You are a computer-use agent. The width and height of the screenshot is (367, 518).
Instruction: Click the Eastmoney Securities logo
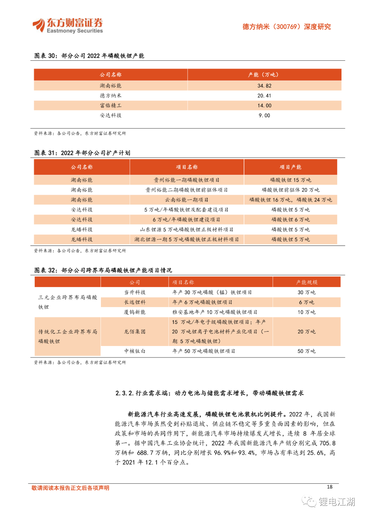68,26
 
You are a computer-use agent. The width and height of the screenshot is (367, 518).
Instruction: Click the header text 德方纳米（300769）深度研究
286,27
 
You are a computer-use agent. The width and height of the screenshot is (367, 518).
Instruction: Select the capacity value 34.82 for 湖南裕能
264,86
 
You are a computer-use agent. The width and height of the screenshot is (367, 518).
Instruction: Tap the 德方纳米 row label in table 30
110,96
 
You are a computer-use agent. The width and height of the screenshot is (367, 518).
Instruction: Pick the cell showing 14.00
264,105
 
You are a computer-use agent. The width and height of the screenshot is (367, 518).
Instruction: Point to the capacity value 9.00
264,115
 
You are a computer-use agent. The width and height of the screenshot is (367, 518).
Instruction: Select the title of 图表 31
82,153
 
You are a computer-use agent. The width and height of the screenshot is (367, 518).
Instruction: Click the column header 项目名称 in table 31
187,167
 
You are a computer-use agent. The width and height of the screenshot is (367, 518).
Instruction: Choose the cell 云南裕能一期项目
187,200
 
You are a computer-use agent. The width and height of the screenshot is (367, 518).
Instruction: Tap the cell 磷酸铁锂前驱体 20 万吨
291,190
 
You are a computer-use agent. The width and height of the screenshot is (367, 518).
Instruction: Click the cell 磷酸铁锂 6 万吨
291,219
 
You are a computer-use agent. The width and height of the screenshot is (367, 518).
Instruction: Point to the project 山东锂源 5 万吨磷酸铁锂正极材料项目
187,229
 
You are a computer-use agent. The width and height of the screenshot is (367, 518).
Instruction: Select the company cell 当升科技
135,292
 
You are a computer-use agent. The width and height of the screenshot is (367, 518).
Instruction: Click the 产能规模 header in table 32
307,282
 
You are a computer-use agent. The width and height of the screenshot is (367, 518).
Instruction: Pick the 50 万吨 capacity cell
307,351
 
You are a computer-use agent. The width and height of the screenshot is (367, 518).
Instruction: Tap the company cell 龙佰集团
135,331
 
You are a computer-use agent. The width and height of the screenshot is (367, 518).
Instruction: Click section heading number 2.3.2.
124,393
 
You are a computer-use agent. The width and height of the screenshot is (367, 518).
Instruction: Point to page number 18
330,487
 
